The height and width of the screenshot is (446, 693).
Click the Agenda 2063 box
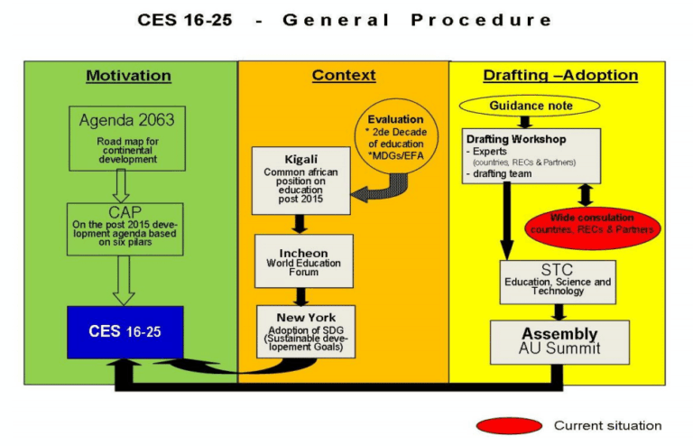[126, 138]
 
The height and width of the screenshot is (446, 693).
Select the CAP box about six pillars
[125, 228]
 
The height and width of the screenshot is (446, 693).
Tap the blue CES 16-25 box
[125, 331]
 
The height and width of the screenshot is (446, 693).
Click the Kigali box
[299, 180]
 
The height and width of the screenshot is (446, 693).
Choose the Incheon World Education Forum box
[303, 260]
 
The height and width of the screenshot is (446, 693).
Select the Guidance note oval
[531, 107]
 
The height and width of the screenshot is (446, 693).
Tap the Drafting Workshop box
[531, 155]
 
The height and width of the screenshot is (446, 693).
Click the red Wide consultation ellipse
[592, 223]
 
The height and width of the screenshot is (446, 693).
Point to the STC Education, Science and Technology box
[558, 282]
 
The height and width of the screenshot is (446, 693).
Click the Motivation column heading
[129, 76]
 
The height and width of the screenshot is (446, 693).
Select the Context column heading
[344, 76]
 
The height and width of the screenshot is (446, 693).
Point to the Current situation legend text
[607, 425]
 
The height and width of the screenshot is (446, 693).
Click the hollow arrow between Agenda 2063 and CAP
[126, 186]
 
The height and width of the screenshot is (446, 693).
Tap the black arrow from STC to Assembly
[559, 311]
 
